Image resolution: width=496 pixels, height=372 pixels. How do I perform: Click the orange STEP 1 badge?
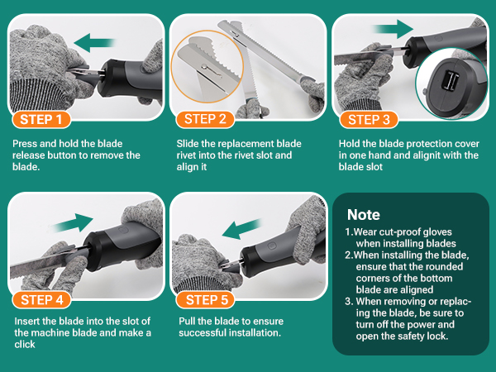pos(41,120)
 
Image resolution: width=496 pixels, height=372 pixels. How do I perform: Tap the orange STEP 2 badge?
pos(205,119)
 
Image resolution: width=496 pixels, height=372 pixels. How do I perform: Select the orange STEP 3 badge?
pos(369,120)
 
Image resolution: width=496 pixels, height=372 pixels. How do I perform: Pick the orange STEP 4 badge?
pos(41,299)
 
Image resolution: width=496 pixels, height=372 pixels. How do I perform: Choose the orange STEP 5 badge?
pos(205,299)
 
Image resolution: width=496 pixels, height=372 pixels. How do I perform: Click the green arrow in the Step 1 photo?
pos(94,43)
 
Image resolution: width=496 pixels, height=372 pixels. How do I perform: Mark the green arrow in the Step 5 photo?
pos(241,229)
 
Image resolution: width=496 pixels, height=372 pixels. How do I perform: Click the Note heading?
pos(364,215)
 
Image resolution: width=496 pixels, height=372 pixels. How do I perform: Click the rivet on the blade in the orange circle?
pos(205,67)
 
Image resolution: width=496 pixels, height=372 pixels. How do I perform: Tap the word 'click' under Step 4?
pos(25,344)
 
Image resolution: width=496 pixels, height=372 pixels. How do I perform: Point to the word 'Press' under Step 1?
pos(25,144)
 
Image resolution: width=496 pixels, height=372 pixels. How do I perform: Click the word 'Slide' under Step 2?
pos(188,144)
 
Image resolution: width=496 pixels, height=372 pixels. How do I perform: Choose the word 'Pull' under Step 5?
pos(187,321)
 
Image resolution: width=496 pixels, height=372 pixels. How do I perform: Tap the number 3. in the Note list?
pos(349,301)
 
